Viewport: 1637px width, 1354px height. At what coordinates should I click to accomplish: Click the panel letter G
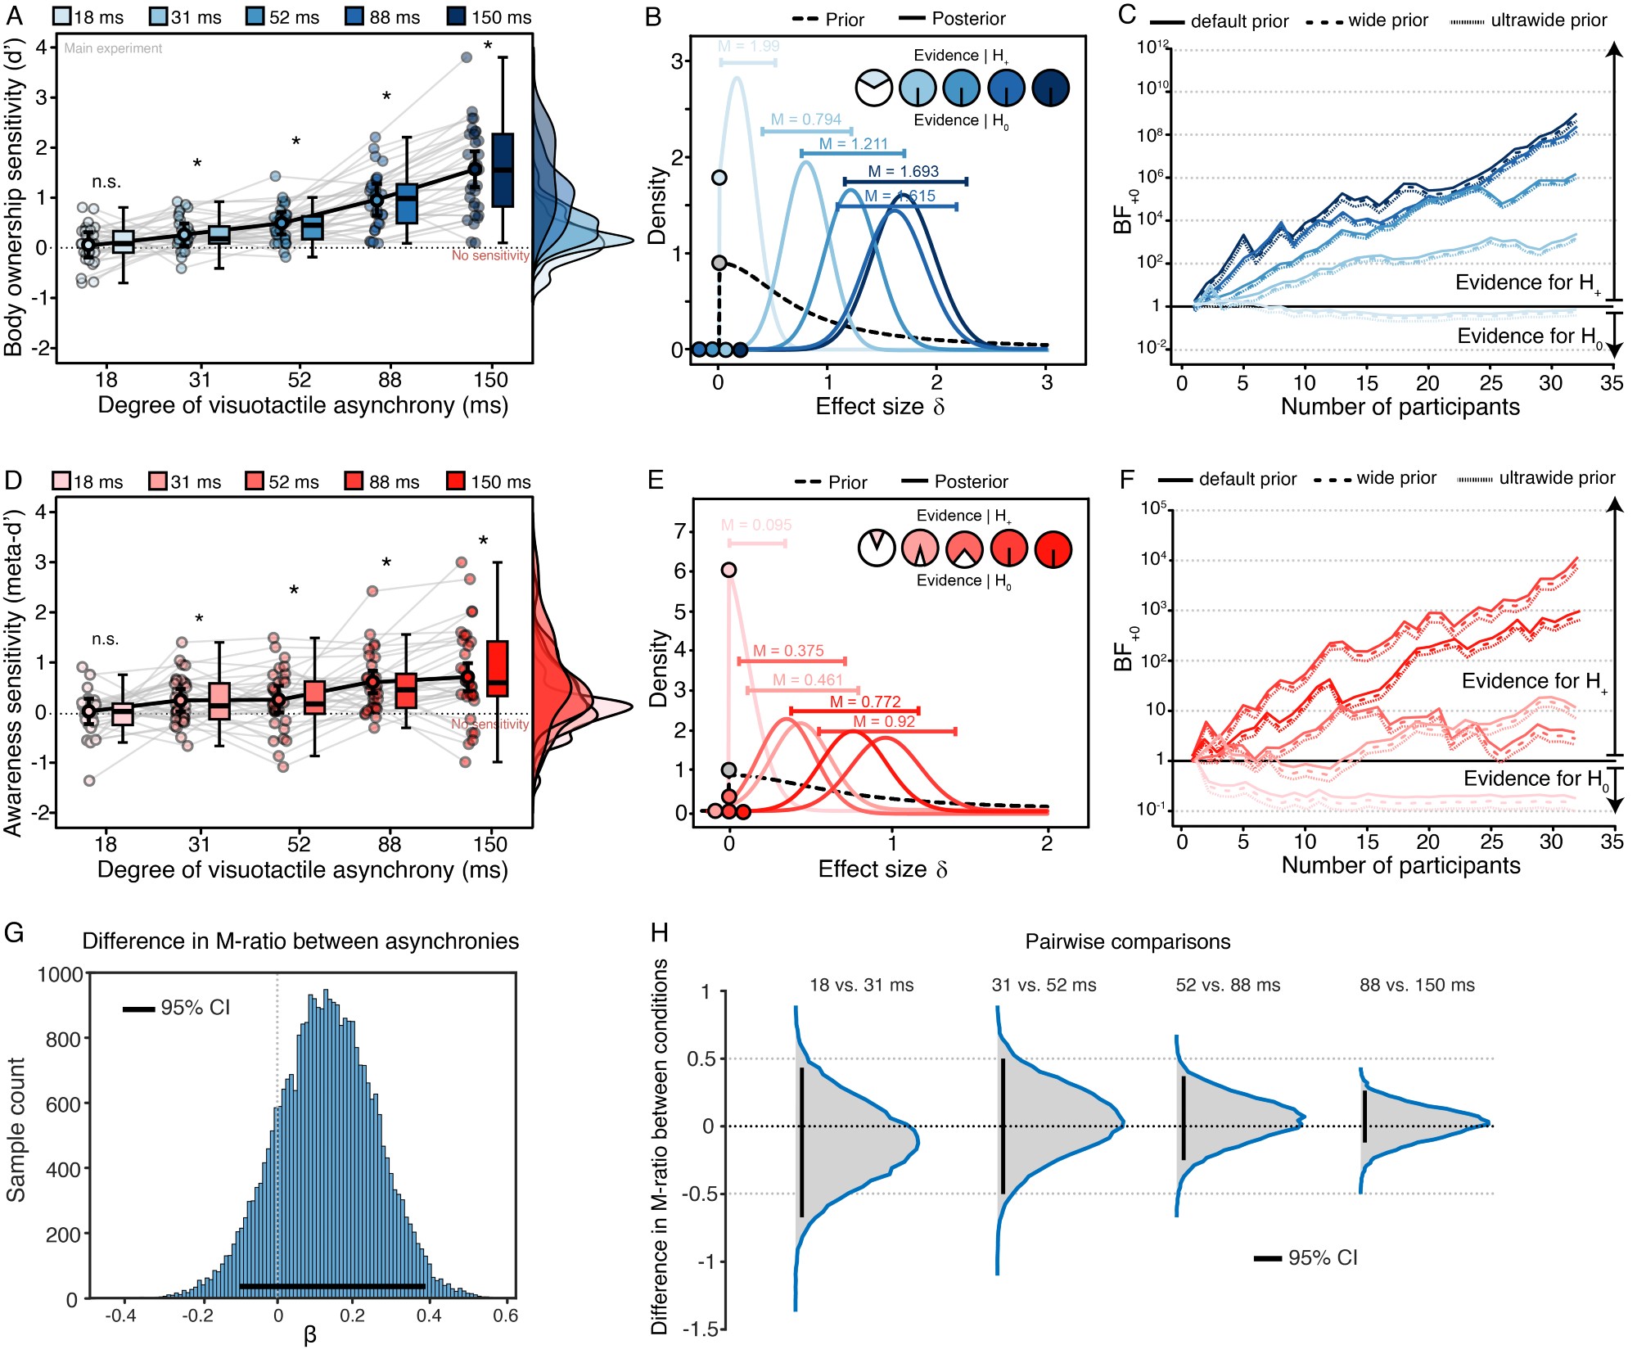14,933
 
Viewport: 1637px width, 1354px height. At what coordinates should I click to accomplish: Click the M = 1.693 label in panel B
903,171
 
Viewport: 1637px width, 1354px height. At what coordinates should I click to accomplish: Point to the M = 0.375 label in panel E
788,651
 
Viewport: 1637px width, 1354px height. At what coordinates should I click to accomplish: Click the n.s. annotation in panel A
106,182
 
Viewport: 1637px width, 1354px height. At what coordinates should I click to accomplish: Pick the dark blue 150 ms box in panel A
503,169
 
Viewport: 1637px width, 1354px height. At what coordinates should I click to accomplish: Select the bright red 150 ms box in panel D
498,668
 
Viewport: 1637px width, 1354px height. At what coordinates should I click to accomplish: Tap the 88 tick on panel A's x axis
390,380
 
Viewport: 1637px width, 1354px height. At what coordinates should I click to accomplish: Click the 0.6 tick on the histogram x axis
506,1316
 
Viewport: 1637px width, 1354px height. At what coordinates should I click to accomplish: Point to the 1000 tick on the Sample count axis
61,974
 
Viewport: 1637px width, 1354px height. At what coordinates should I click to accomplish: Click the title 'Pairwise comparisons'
1127,941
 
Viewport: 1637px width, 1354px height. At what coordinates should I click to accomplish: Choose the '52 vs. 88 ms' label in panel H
1228,985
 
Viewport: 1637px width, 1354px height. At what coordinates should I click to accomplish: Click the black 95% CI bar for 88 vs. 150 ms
1364,1116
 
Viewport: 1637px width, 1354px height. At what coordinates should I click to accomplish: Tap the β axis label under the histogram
309,1336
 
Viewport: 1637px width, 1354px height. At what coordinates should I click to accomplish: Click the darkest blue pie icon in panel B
1051,88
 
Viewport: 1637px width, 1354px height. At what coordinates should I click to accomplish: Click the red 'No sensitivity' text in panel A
490,255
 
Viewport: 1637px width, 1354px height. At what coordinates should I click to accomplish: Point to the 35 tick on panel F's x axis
1612,842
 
